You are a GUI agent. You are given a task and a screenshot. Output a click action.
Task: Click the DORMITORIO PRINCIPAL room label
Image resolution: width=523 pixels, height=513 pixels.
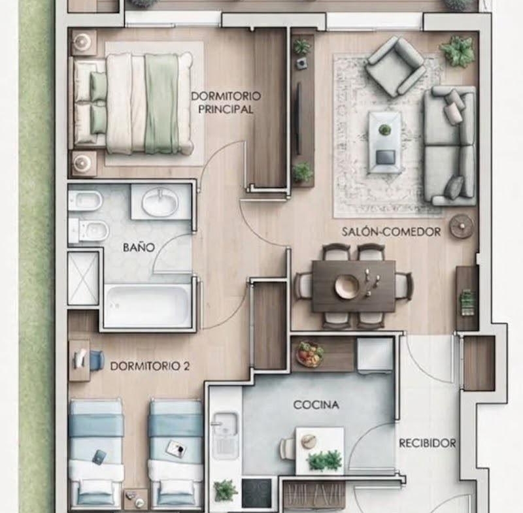click(226, 103)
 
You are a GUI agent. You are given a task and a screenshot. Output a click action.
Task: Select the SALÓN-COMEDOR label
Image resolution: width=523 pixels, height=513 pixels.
click(391, 231)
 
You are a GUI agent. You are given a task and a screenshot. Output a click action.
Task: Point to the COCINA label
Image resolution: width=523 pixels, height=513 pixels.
click(316, 405)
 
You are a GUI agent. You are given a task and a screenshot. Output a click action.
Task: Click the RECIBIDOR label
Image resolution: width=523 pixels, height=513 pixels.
click(428, 443)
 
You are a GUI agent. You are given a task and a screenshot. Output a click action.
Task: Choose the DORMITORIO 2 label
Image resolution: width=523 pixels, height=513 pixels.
click(150, 366)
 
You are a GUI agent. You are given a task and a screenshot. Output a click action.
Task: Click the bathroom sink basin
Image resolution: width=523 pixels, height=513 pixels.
click(160, 201)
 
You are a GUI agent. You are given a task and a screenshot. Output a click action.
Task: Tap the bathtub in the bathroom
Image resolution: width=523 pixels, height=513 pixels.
click(148, 306)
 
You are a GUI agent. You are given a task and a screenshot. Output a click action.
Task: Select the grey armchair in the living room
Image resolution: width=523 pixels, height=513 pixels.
click(396, 67)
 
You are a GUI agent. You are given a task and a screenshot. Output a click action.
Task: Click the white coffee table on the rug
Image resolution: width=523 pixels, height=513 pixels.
click(384, 142)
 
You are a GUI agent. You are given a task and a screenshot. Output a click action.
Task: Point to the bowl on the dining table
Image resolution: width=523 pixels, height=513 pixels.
click(347, 286)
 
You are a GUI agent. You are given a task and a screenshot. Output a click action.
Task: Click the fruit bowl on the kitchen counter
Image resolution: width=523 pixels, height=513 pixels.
click(310, 354)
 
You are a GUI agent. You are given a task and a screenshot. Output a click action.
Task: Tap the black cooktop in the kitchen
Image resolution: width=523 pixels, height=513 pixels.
click(256, 493)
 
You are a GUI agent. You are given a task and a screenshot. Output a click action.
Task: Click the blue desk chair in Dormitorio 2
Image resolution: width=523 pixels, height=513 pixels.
click(96, 360)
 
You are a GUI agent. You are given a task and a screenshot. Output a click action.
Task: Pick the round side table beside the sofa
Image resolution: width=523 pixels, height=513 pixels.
click(462, 226)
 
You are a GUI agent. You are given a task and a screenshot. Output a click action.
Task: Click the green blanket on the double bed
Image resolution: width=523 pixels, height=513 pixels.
click(161, 104)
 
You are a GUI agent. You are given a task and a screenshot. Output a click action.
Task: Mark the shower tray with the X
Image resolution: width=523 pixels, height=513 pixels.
click(83, 278)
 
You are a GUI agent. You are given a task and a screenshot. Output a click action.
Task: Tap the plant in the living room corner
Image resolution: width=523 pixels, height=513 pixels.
click(458, 51)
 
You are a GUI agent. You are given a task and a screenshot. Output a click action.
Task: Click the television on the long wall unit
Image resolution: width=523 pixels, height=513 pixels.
click(299, 118)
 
